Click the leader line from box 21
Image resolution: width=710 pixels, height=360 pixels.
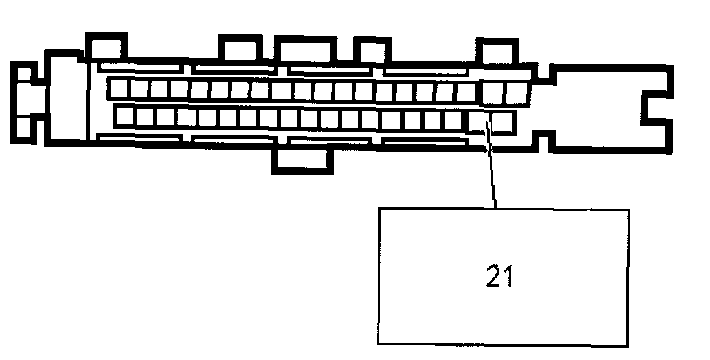coord(492,170)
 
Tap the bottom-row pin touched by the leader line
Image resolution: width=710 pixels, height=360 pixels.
coord(479,117)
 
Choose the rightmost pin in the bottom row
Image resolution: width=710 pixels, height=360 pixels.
coord(500,117)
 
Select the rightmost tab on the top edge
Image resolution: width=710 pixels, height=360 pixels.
coord(495,50)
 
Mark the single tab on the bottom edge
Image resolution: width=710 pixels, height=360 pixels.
coord(301,158)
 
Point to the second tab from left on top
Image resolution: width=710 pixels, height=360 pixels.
coord(239,49)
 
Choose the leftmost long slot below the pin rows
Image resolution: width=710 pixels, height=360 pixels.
coord(139,138)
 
